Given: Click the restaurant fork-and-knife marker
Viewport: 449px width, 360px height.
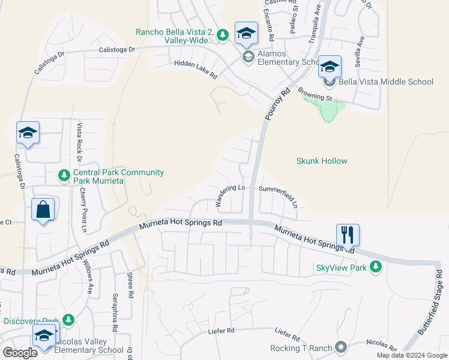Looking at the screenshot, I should coord(348,234).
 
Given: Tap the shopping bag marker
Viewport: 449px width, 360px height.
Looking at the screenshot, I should coord(43,210).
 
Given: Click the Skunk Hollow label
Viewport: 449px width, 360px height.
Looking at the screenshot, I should coord(322,161).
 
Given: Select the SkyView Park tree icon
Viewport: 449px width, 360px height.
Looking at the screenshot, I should coord(376,266).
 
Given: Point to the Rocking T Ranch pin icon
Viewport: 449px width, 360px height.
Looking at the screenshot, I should coord(342,347).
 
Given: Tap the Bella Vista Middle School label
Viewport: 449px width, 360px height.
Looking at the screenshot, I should coord(386,82).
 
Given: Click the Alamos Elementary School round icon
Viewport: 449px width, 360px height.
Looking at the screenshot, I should coord(248,57).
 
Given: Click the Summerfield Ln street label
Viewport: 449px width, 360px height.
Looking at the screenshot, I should coord(279,194).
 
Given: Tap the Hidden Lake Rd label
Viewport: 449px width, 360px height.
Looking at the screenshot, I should coord(195,69).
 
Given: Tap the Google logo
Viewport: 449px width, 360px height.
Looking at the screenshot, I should coord(20,352).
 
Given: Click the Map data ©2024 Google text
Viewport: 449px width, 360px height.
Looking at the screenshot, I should coord(411,355).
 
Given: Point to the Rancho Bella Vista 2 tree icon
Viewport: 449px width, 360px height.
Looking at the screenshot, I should coord(223,35).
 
